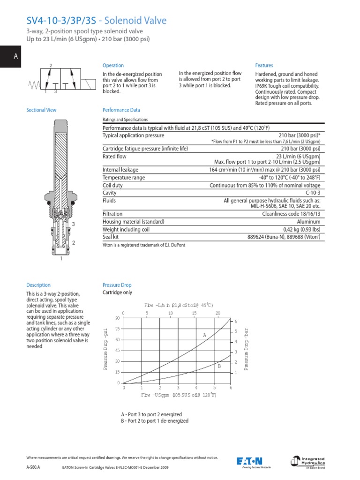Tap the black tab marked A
click(x=15, y=57)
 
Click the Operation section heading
click(x=113, y=66)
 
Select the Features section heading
click(x=264, y=66)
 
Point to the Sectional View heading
click(x=41, y=110)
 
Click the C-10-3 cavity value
click(x=313, y=193)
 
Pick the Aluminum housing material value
click(x=309, y=222)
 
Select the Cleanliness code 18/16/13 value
click(x=292, y=214)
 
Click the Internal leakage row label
click(x=120, y=170)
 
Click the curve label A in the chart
click(x=204, y=335)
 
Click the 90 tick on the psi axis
click(x=117, y=318)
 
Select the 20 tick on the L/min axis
click(x=217, y=313)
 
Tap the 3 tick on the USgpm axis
click(x=178, y=388)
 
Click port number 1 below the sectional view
click(x=60, y=259)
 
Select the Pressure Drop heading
click(x=117, y=285)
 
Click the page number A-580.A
click(x=33, y=467)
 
